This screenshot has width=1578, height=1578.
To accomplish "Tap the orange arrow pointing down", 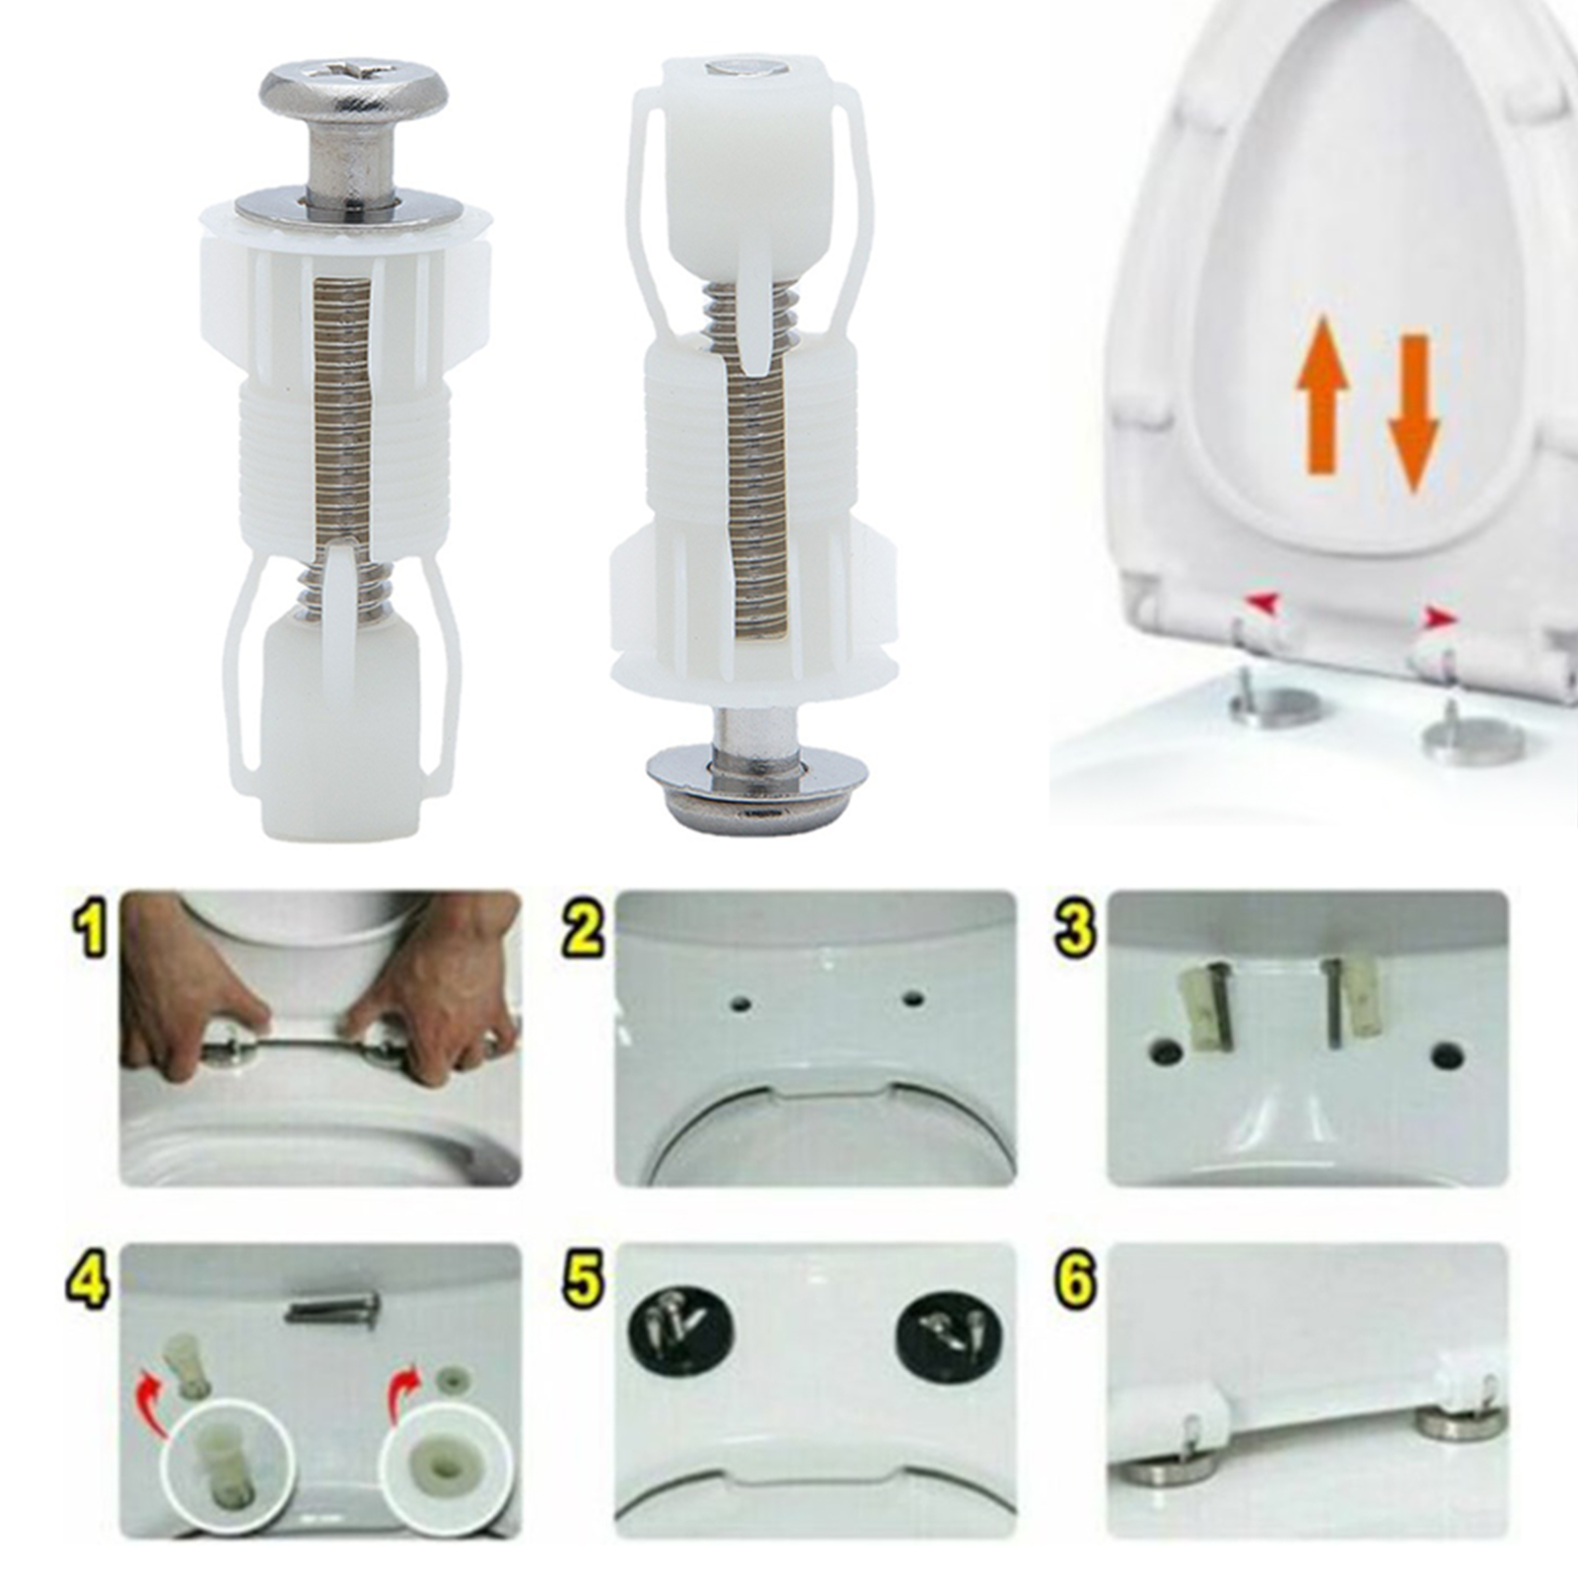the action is pyautogui.click(x=1414, y=413).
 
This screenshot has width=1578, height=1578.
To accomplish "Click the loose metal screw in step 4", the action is pyautogui.click(x=332, y=1310).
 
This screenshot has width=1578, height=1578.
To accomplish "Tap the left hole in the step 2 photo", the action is pyautogui.click(x=742, y=1005).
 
